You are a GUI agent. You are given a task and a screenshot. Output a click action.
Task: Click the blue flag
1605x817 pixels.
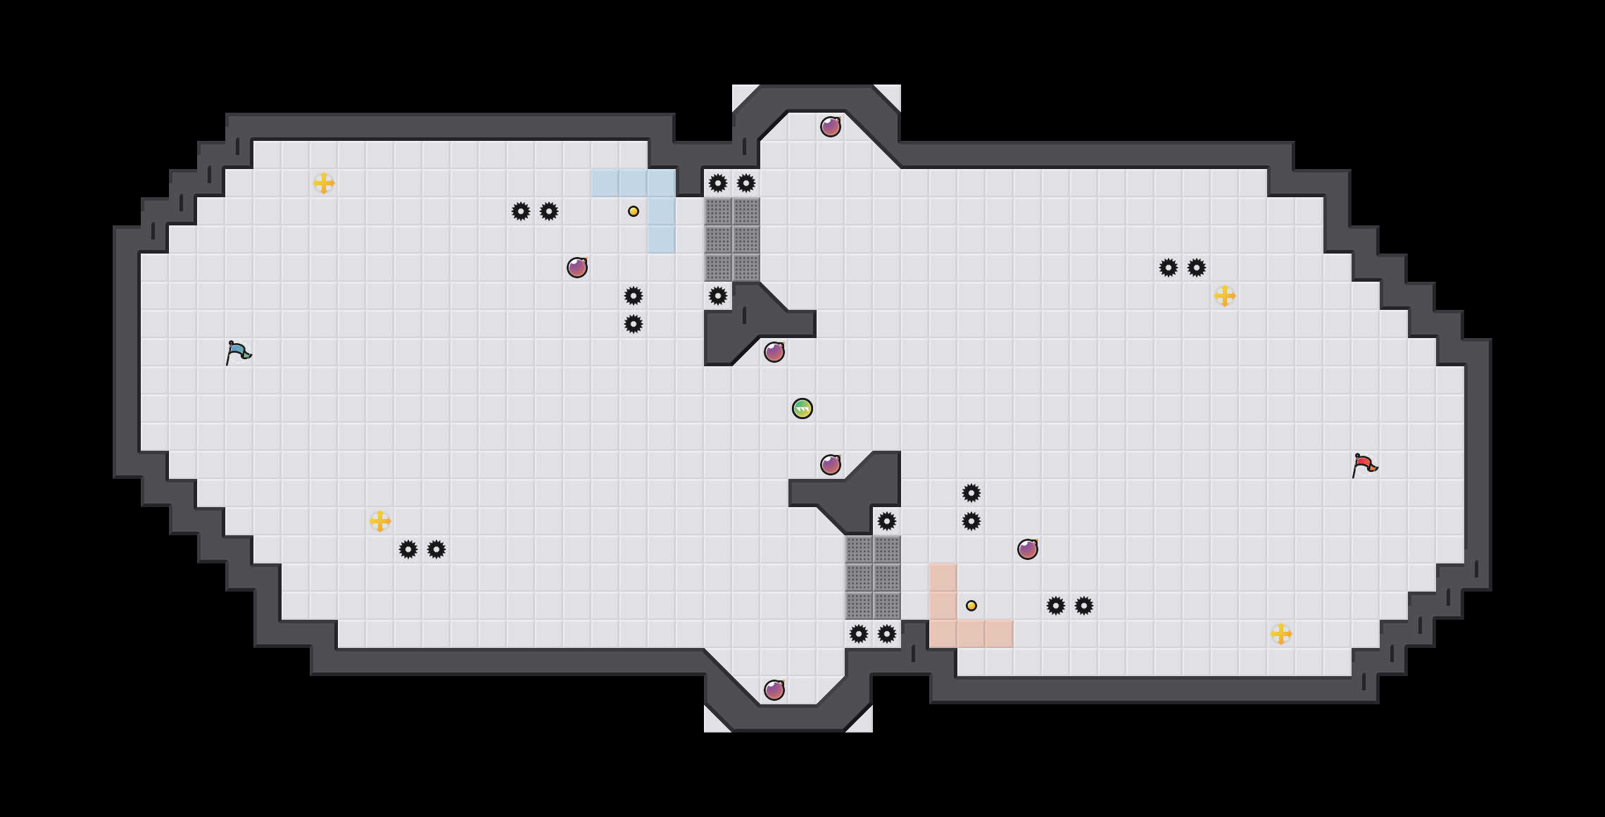pos(238,352)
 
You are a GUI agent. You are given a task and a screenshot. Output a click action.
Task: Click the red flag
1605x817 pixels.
pos(1364,465)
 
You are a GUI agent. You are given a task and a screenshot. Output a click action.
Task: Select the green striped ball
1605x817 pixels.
pos(802,408)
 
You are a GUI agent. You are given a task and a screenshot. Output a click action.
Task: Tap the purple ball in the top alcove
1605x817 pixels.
pos(831,127)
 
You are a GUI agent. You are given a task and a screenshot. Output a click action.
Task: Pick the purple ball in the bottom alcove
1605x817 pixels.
pos(774,690)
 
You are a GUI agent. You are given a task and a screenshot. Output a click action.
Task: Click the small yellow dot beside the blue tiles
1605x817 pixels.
pos(634,211)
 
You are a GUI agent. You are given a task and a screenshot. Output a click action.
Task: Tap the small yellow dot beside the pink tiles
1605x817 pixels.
pos(971,606)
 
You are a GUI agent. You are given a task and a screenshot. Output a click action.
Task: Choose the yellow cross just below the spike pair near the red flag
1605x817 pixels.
pos(1225,296)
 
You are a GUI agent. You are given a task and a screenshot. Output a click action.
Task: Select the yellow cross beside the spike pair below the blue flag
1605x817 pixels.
pos(380,521)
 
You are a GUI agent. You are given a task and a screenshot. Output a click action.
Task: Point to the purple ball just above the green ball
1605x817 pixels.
pos(774,352)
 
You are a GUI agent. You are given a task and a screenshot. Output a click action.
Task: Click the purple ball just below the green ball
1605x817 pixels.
pos(831,465)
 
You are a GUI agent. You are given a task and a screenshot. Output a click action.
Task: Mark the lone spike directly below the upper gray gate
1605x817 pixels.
pos(718,296)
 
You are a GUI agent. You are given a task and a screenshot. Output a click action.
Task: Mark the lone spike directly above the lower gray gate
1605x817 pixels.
pos(887,521)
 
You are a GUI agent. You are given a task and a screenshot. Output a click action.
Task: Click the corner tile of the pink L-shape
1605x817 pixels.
pos(943,634)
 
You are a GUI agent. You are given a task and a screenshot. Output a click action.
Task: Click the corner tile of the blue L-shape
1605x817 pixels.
pos(662,183)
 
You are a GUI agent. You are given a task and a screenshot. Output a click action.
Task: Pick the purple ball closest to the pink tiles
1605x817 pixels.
pos(1028,549)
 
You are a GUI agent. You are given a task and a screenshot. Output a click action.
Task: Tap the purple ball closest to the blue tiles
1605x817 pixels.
pos(577,268)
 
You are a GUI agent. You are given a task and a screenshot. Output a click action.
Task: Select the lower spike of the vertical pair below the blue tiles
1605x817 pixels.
pos(634,324)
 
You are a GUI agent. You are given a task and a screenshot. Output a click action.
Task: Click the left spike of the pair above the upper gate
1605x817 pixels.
pos(718,183)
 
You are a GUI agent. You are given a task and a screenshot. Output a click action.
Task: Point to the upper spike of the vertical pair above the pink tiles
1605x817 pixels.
pos(971,493)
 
